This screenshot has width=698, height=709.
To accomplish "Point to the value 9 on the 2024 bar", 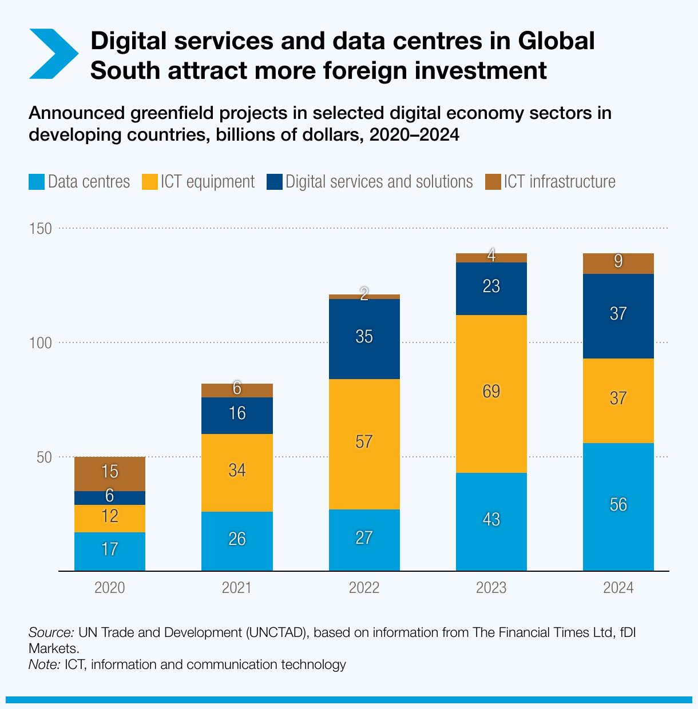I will (x=618, y=262).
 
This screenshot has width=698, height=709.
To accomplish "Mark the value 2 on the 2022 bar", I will (x=364, y=294).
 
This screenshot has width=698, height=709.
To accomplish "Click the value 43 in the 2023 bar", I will (x=491, y=520).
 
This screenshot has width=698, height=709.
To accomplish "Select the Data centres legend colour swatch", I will (x=36, y=182).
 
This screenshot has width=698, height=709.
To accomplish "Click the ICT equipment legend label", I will (x=207, y=182).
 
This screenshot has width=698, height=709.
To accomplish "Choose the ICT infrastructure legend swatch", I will (x=492, y=182).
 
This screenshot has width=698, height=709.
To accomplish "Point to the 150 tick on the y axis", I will (x=40, y=229).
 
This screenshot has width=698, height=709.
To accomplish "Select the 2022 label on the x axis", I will (x=364, y=588).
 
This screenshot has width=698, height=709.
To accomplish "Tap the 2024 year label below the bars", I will (x=618, y=588).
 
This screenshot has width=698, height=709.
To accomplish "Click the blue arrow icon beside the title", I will (x=53, y=54).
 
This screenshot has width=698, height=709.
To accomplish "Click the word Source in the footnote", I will (x=50, y=633).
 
